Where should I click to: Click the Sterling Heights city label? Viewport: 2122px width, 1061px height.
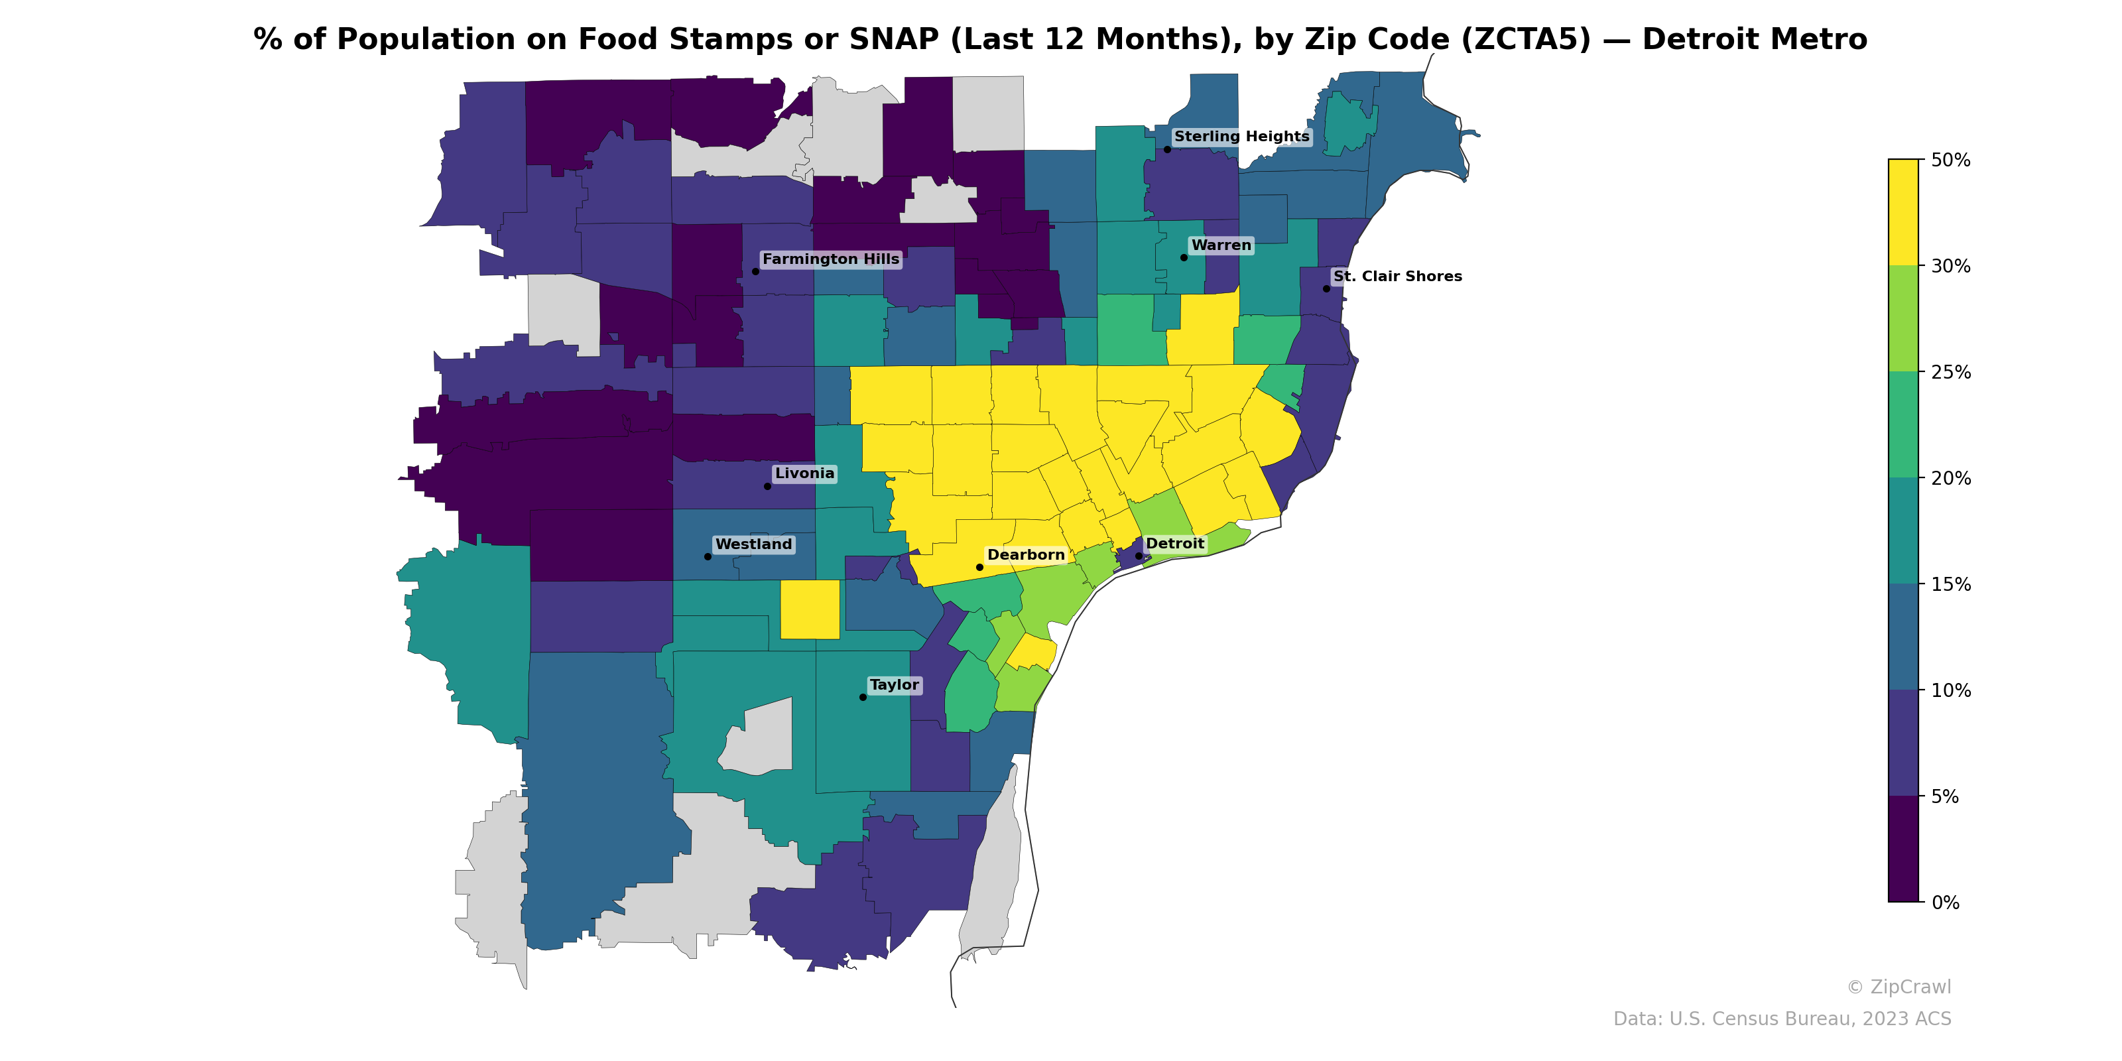click(1241, 137)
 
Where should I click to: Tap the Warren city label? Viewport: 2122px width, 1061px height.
click(1221, 245)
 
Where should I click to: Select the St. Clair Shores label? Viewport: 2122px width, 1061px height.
click(1397, 277)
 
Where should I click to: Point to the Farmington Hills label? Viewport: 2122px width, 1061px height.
click(830, 259)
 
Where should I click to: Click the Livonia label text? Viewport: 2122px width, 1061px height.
click(804, 473)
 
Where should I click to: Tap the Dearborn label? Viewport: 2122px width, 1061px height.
click(1026, 555)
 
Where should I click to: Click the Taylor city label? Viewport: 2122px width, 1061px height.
click(894, 686)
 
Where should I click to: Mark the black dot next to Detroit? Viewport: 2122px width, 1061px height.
click(1139, 556)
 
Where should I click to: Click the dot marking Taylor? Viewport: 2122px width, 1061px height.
click(863, 698)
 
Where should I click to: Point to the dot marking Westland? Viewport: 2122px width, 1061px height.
click(708, 557)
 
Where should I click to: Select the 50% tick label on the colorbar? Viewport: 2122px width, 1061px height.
click(1950, 160)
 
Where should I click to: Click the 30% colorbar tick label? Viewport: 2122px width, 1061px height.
click(1950, 266)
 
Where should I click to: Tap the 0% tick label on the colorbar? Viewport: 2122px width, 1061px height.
click(1945, 903)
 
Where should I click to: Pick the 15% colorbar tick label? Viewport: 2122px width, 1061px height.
click(1950, 585)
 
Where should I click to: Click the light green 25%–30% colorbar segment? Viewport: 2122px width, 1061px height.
click(1903, 319)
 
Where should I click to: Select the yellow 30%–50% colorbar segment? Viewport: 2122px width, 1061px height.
click(1903, 212)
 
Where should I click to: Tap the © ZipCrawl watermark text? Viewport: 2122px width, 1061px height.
click(1899, 987)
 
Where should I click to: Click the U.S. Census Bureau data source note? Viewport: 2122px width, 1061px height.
click(1782, 1020)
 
